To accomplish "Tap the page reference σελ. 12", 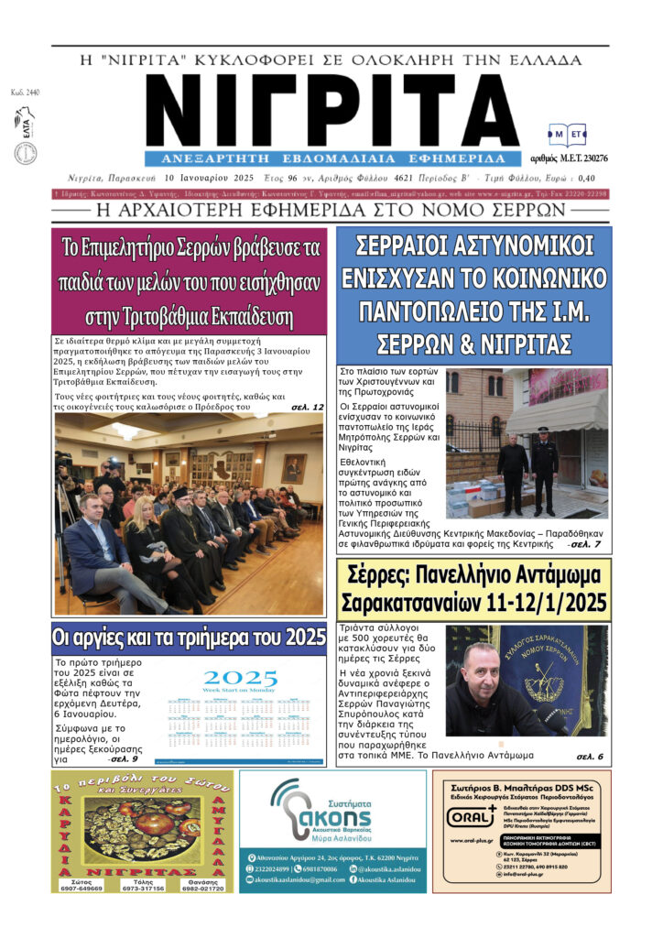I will coord(307,406).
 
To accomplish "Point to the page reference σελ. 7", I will coord(584,544).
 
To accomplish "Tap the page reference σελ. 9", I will coord(122,759).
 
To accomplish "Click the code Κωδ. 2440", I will coord(19,93).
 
